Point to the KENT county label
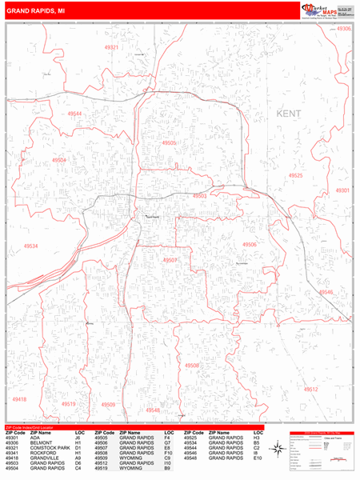pos(289,114)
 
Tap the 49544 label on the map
pos(74,114)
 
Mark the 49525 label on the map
pos(295,175)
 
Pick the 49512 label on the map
pos(310,389)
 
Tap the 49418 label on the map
pos(20,399)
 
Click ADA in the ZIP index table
pos(34,438)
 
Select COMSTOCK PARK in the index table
pos(46,448)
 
